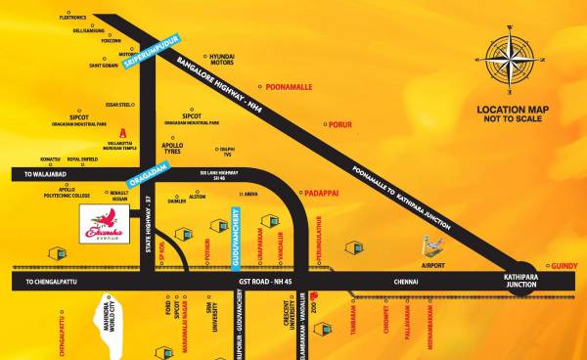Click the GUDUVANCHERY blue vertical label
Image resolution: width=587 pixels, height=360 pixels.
point(235,233)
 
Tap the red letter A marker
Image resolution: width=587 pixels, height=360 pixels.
point(121,131)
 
